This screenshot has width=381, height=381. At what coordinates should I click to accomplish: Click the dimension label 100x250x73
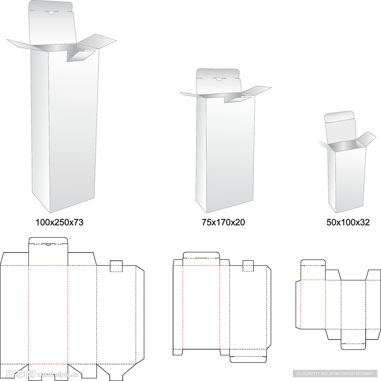pyautogui.click(x=59, y=222)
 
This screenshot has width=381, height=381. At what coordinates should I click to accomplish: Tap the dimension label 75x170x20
pyautogui.click(x=223, y=222)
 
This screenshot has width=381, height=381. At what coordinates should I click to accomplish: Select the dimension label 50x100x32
pyautogui.click(x=348, y=222)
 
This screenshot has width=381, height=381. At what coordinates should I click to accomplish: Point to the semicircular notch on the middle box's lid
pyautogui.click(x=219, y=79)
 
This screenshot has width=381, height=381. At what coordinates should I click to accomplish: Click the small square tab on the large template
pyautogui.click(x=116, y=266)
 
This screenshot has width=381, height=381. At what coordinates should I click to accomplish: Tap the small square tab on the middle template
pyautogui.click(x=248, y=266)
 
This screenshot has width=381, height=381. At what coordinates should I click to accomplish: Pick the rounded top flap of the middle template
pyautogui.click(x=201, y=255)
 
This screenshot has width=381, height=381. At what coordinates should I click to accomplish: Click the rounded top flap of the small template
pyautogui.click(x=313, y=262)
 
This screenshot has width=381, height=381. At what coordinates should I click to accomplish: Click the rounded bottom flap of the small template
pyautogui.click(x=353, y=346)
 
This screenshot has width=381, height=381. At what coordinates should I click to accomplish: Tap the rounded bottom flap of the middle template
pyautogui.click(x=248, y=359)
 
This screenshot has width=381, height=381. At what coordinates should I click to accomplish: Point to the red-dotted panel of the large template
pyautogui.click(x=48, y=315)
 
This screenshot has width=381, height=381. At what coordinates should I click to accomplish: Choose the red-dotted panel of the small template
pyautogui.click(x=313, y=304)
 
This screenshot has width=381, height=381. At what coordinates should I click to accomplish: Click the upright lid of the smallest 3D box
pyautogui.click(x=340, y=128)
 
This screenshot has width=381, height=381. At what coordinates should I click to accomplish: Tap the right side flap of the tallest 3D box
pyautogui.click(x=97, y=41)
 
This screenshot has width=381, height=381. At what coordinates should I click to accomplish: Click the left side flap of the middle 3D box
pyautogui.click(x=192, y=95)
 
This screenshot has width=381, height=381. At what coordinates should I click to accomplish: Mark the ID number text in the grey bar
pyautogui.click(x=335, y=374)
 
